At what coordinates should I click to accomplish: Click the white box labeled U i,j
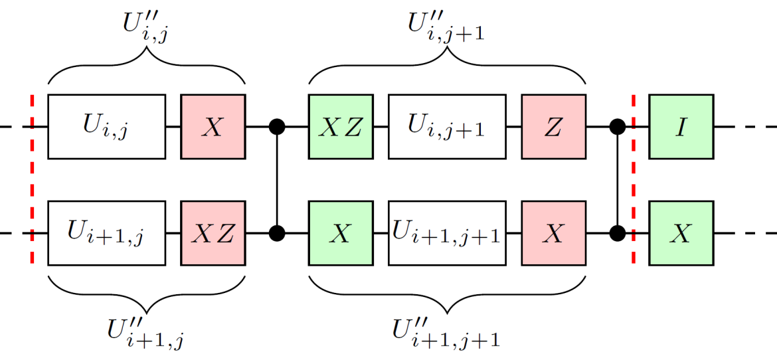pos(106,126)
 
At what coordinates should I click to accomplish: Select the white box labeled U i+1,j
pos(106,232)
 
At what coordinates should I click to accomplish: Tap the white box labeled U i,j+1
pos(447,126)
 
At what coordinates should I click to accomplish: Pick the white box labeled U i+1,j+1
pos(447,232)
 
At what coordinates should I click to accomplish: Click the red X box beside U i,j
pos(213,126)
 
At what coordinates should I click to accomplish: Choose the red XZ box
pos(213,232)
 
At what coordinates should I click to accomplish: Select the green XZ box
pos(340,126)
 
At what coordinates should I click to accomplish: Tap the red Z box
pos(553,126)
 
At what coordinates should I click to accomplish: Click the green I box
pos(681,126)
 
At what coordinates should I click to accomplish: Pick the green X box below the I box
pos(681,232)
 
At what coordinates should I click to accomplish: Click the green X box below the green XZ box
pos(340,232)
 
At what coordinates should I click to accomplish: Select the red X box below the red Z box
pos(553,232)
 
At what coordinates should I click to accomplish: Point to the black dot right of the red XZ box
pos(277,232)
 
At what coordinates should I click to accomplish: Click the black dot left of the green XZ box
pos(277,126)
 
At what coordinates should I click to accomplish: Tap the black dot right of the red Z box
pos(618,126)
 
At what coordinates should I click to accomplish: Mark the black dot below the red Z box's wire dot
pos(618,232)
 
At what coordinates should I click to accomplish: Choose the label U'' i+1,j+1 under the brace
pos(446,332)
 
